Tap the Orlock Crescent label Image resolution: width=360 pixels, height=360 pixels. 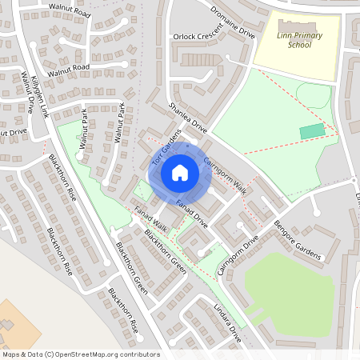(198, 38)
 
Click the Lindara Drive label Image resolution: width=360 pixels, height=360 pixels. (227, 324)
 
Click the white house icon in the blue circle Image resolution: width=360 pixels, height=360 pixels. (180, 172)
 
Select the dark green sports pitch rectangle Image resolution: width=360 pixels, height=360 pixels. (313, 130)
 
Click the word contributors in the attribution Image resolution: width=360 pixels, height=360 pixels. (138, 354)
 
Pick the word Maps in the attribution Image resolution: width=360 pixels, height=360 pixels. (10, 354)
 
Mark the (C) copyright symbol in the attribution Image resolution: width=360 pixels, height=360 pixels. (50, 354)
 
